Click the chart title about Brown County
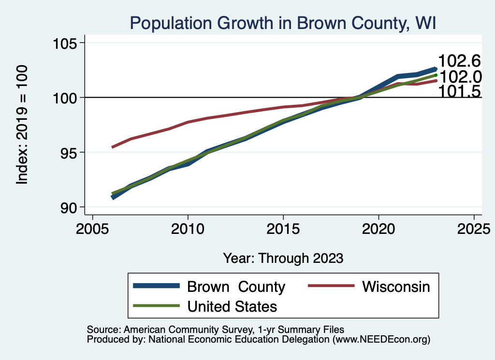coord(283,23)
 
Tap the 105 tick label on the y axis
coord(66,43)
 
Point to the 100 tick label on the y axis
coord(66,98)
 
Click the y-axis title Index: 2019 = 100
coord(22,125)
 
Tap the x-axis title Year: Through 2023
coord(283,258)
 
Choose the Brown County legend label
coord(236,287)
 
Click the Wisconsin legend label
coord(396,287)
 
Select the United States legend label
coord(232,306)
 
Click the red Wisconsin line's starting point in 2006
coord(113,147)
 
